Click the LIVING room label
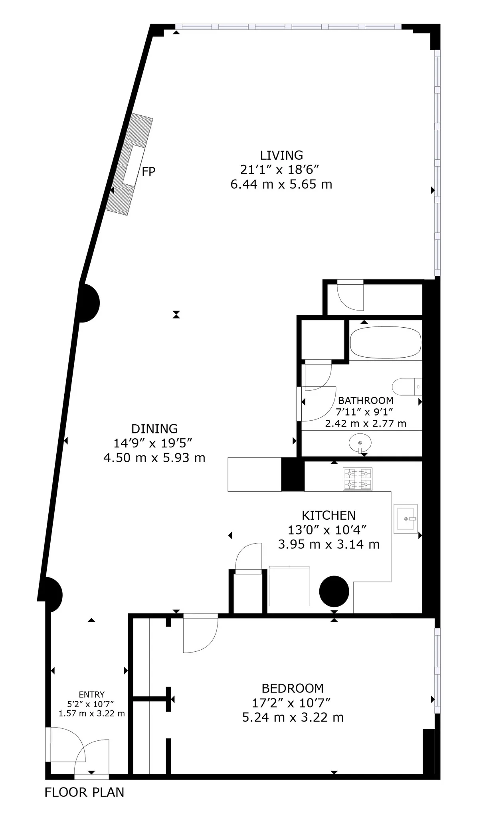pyautogui.click(x=281, y=155)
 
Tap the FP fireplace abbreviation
pyautogui.click(x=148, y=172)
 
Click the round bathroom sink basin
pyautogui.click(x=360, y=443)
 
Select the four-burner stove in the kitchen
pyautogui.click(x=358, y=479)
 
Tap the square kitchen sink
pyautogui.click(x=406, y=518)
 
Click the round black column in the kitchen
pyautogui.click(x=334, y=591)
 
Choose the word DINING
pyautogui.click(x=154, y=429)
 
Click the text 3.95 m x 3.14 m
pyautogui.click(x=329, y=544)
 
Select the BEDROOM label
pyautogui.click(x=293, y=688)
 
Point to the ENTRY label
pyautogui.click(x=91, y=694)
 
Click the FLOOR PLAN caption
pyautogui.click(x=84, y=792)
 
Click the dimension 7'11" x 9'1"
pyautogui.click(x=366, y=411)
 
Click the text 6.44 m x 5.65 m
pyautogui.click(x=281, y=184)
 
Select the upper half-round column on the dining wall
pyautogui.click(x=89, y=303)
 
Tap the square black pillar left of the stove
pyautogui.click(x=293, y=474)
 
